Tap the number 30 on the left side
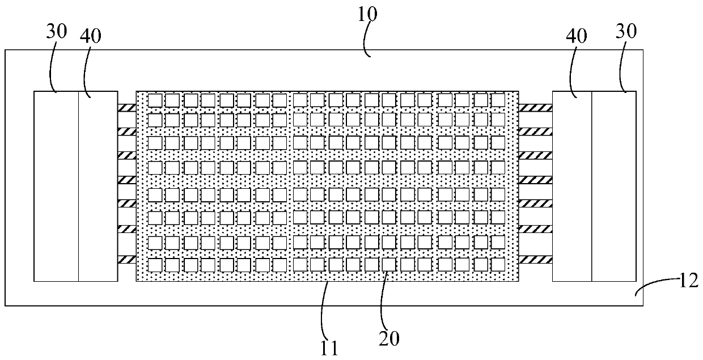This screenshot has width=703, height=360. click(x=57, y=32)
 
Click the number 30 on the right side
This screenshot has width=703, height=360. click(x=625, y=32)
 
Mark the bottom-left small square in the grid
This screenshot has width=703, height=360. click(x=155, y=264)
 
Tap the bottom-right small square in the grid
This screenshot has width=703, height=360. click(x=498, y=264)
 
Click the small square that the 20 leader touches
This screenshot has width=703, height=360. click(x=388, y=264)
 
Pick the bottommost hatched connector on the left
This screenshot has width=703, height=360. click(x=126, y=260)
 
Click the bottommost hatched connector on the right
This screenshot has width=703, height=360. click(x=536, y=260)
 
